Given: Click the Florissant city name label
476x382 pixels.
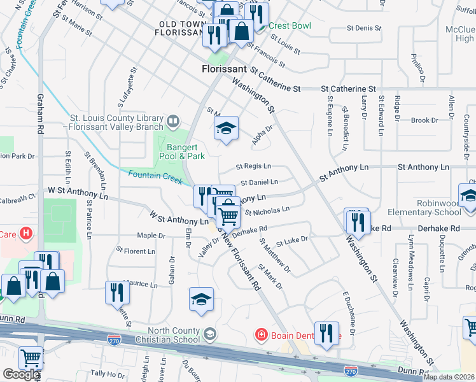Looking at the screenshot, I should [225, 69].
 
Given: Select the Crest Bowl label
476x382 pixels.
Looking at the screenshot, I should [290, 26].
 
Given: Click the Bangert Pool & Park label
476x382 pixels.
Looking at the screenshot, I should [182, 151].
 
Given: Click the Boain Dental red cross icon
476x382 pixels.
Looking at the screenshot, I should [260, 334].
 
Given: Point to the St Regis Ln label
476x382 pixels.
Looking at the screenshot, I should [253, 167].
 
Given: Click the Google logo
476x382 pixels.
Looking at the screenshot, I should [21, 374].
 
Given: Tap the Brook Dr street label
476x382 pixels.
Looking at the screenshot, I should [421, 120].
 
